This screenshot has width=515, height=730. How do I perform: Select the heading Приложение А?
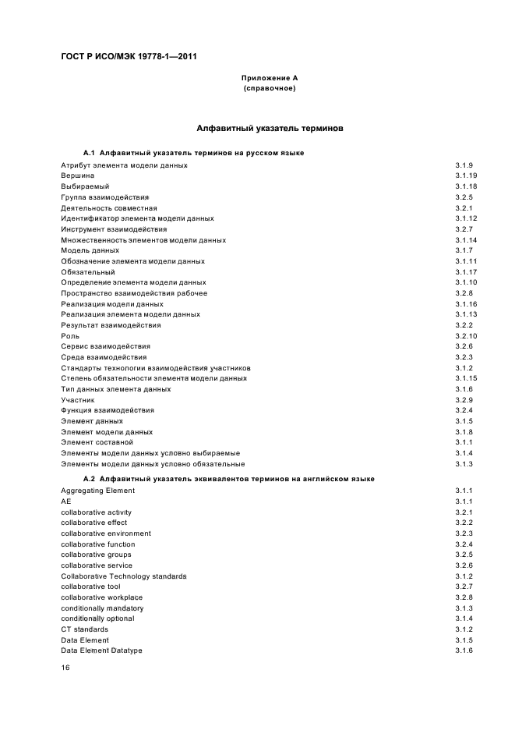270,78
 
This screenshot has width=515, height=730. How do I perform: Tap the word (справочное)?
270,88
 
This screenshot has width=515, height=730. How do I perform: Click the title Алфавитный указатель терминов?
270,127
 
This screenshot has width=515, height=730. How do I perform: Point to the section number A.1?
89,153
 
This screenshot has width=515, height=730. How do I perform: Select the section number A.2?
89,479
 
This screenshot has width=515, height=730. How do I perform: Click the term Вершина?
78,175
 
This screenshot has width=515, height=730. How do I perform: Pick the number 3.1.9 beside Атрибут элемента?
464,165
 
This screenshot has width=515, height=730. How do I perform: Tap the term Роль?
70,335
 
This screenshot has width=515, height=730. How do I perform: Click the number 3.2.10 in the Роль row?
466,335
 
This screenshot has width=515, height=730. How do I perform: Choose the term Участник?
78,399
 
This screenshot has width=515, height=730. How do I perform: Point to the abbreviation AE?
66,501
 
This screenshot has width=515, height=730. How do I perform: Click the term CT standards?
85,629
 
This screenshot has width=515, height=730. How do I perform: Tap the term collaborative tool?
90,586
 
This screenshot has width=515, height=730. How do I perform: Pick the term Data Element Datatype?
101,650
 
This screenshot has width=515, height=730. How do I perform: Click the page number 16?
65,668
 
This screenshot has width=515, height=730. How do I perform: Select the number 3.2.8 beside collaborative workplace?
464,597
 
